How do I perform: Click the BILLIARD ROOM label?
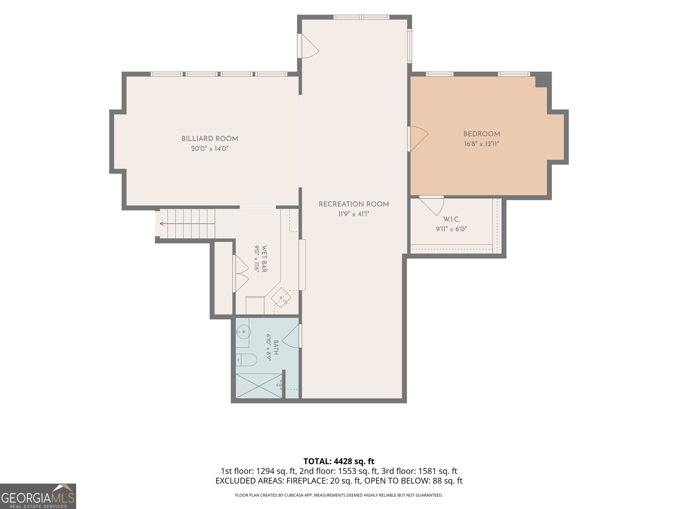click(x=210, y=139)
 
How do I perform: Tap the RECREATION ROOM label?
click(x=354, y=204)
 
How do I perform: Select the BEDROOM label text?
click(x=482, y=134)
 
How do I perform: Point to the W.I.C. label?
click(x=452, y=219)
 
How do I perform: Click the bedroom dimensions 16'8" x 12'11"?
click(x=482, y=144)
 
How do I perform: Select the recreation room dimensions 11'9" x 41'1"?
click(x=354, y=214)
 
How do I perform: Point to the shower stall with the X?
click(x=259, y=386)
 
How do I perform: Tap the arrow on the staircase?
click(x=187, y=224)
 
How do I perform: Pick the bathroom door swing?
click(x=291, y=336)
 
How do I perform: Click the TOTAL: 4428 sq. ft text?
click(x=339, y=461)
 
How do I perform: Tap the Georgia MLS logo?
click(x=38, y=496)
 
